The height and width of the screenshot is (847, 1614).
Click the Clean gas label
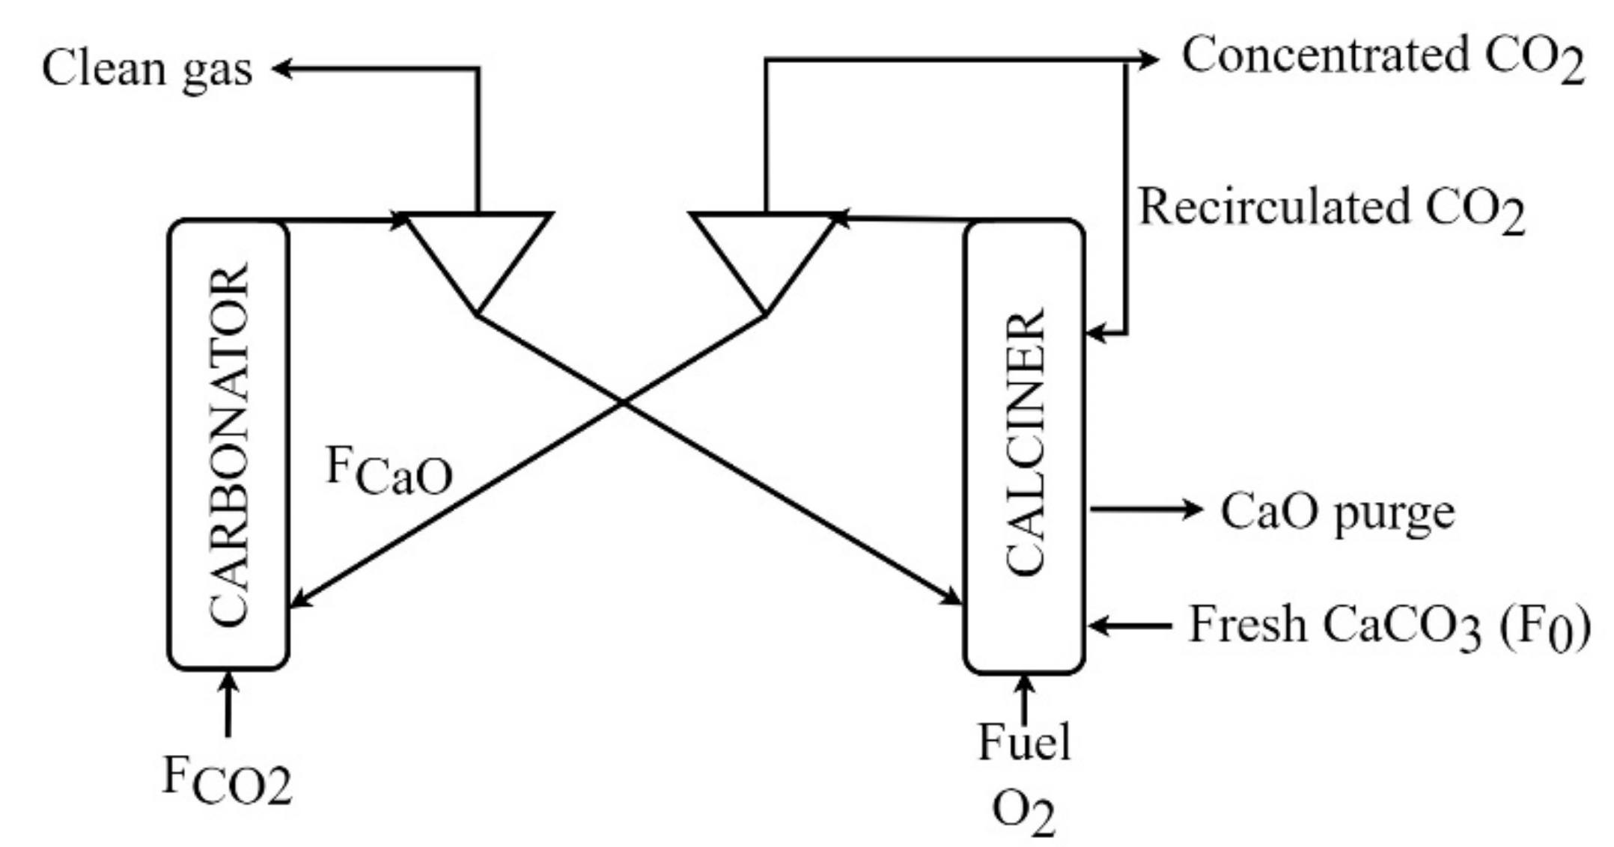[147, 70]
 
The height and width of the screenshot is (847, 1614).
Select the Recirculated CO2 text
[1331, 208]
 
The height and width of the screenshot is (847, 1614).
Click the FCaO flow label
[389, 471]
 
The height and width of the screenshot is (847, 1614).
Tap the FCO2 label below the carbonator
[228, 781]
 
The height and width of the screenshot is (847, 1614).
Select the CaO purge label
[1337, 513]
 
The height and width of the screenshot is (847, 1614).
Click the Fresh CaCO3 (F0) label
[1389, 627]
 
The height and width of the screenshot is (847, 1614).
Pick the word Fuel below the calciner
[1024, 743]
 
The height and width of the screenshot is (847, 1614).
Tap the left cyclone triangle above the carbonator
[477, 247]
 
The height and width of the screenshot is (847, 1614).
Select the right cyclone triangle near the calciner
[764, 247]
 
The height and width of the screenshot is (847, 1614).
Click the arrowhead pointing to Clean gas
[281, 69]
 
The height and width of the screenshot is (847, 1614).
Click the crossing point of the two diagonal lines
[622, 403]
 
